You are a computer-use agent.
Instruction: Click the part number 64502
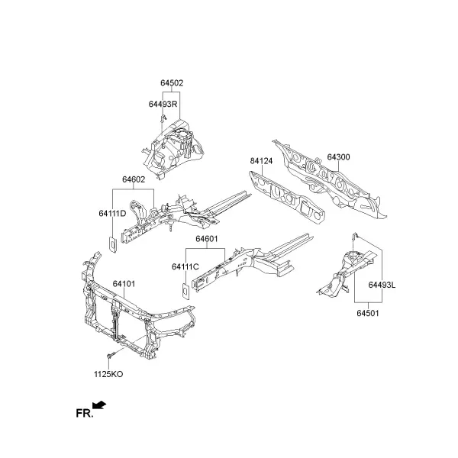click(172, 83)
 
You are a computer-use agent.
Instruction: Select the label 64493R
click(163, 104)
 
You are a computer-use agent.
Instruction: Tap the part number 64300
click(338, 157)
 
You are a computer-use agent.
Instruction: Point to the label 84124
click(261, 161)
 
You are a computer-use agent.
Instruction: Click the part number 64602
click(134, 179)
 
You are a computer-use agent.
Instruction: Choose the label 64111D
click(112, 214)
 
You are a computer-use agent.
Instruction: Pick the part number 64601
click(207, 239)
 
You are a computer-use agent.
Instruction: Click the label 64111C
click(185, 266)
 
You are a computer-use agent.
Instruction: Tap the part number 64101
click(124, 284)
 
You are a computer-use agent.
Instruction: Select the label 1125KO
click(108, 374)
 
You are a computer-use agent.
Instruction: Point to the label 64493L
click(382, 285)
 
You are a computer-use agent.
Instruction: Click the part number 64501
click(368, 313)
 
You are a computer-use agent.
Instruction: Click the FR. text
click(85, 414)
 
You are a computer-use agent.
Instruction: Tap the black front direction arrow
click(99, 405)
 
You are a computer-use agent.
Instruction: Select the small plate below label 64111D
click(113, 244)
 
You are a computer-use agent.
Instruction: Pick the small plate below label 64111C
click(185, 291)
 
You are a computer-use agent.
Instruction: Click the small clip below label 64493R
click(163, 118)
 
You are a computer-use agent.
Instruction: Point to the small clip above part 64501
click(355, 235)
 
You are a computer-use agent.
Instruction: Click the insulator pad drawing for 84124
click(287, 198)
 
